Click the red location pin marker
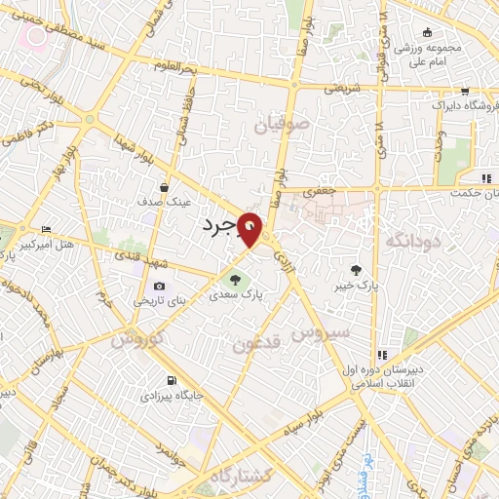[252, 229]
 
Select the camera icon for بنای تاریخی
[159, 288]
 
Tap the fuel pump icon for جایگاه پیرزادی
[173, 381]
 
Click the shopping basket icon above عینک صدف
[163, 188]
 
